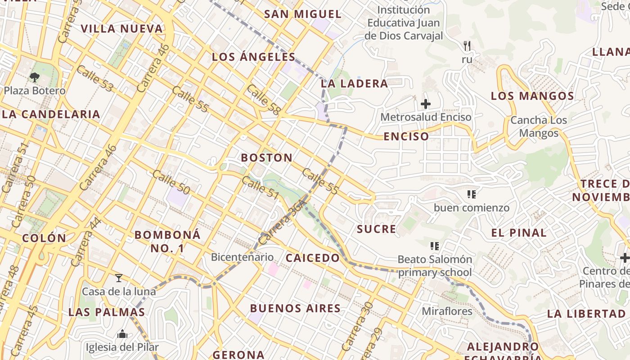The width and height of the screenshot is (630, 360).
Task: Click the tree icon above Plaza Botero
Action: tap(35, 77)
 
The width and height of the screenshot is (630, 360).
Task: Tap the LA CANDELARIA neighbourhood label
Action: tap(50, 114)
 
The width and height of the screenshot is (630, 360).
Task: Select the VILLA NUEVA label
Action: tap(121, 29)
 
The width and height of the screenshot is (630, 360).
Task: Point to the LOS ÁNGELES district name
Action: tap(253, 57)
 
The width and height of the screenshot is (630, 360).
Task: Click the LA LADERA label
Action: tap(354, 84)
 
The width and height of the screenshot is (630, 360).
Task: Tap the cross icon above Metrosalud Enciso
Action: tap(425, 104)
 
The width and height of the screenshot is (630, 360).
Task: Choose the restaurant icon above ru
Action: tap(467, 45)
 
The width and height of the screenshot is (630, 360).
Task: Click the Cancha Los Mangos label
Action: tap(538, 127)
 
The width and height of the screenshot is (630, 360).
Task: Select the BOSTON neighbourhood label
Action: tap(266, 158)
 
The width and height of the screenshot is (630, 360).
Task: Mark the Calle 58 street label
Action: tap(264, 99)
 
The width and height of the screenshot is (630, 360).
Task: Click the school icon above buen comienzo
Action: tap(471, 195)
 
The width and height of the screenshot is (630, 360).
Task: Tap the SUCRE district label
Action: tap(377, 229)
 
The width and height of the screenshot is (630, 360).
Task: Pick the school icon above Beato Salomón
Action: tap(434, 246)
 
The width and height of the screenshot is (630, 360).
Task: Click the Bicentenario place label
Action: tap(242, 257)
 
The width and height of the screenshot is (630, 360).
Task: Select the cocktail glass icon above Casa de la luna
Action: tap(119, 278)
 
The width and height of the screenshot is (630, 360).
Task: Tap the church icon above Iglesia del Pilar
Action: tap(122, 334)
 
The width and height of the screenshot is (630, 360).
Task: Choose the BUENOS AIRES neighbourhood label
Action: tap(295, 309)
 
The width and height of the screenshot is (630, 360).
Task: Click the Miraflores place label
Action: tap(447, 311)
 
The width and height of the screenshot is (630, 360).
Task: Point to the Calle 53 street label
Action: tap(94, 78)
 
